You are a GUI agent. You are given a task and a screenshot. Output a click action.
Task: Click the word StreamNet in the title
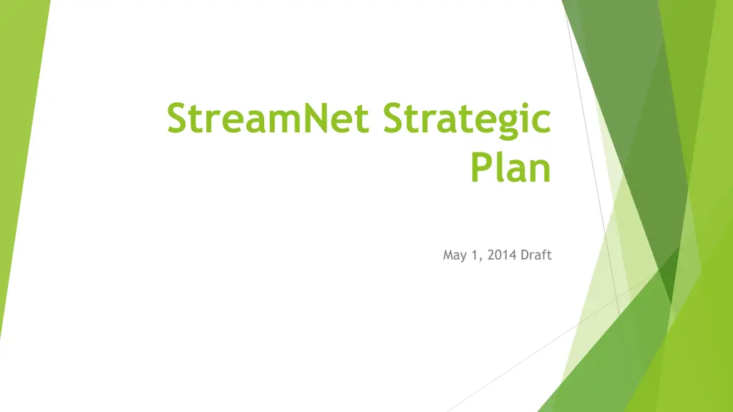click(268, 118)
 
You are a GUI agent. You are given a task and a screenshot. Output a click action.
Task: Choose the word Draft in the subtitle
click(536, 255)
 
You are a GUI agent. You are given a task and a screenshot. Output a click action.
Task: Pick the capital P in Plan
click(482, 167)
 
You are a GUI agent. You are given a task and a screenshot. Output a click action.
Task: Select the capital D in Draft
click(525, 255)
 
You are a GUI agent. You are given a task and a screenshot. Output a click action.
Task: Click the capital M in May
click(448, 255)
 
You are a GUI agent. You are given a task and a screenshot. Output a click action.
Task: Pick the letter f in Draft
click(544, 254)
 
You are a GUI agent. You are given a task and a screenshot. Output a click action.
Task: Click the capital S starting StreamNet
click(178, 118)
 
